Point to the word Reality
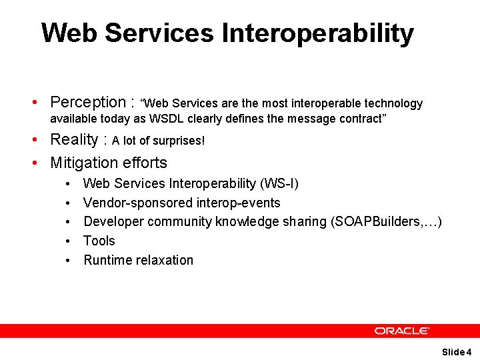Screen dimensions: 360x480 coord(74,140)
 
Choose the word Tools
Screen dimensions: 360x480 coord(99,241)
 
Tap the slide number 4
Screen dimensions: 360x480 coord(469,352)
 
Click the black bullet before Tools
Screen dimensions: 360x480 coord(69,241)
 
